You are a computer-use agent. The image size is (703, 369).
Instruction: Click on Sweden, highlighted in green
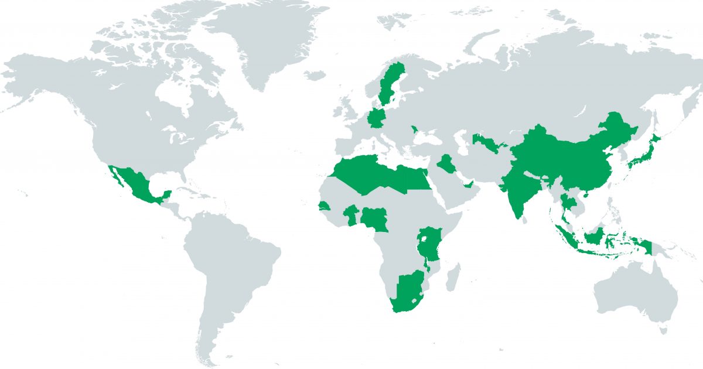[386, 88]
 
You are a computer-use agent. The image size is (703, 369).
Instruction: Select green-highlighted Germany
[375, 119]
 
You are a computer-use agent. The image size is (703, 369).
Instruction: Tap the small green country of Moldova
[415, 129]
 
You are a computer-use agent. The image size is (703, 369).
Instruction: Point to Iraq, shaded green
[448, 164]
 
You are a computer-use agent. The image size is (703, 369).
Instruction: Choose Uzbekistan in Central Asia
[484, 142]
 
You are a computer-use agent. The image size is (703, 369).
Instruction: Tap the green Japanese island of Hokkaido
[655, 139]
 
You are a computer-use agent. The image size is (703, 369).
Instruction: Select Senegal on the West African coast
[323, 207]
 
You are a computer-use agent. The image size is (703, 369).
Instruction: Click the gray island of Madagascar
[453, 278]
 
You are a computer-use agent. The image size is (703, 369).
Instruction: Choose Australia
[633, 293]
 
